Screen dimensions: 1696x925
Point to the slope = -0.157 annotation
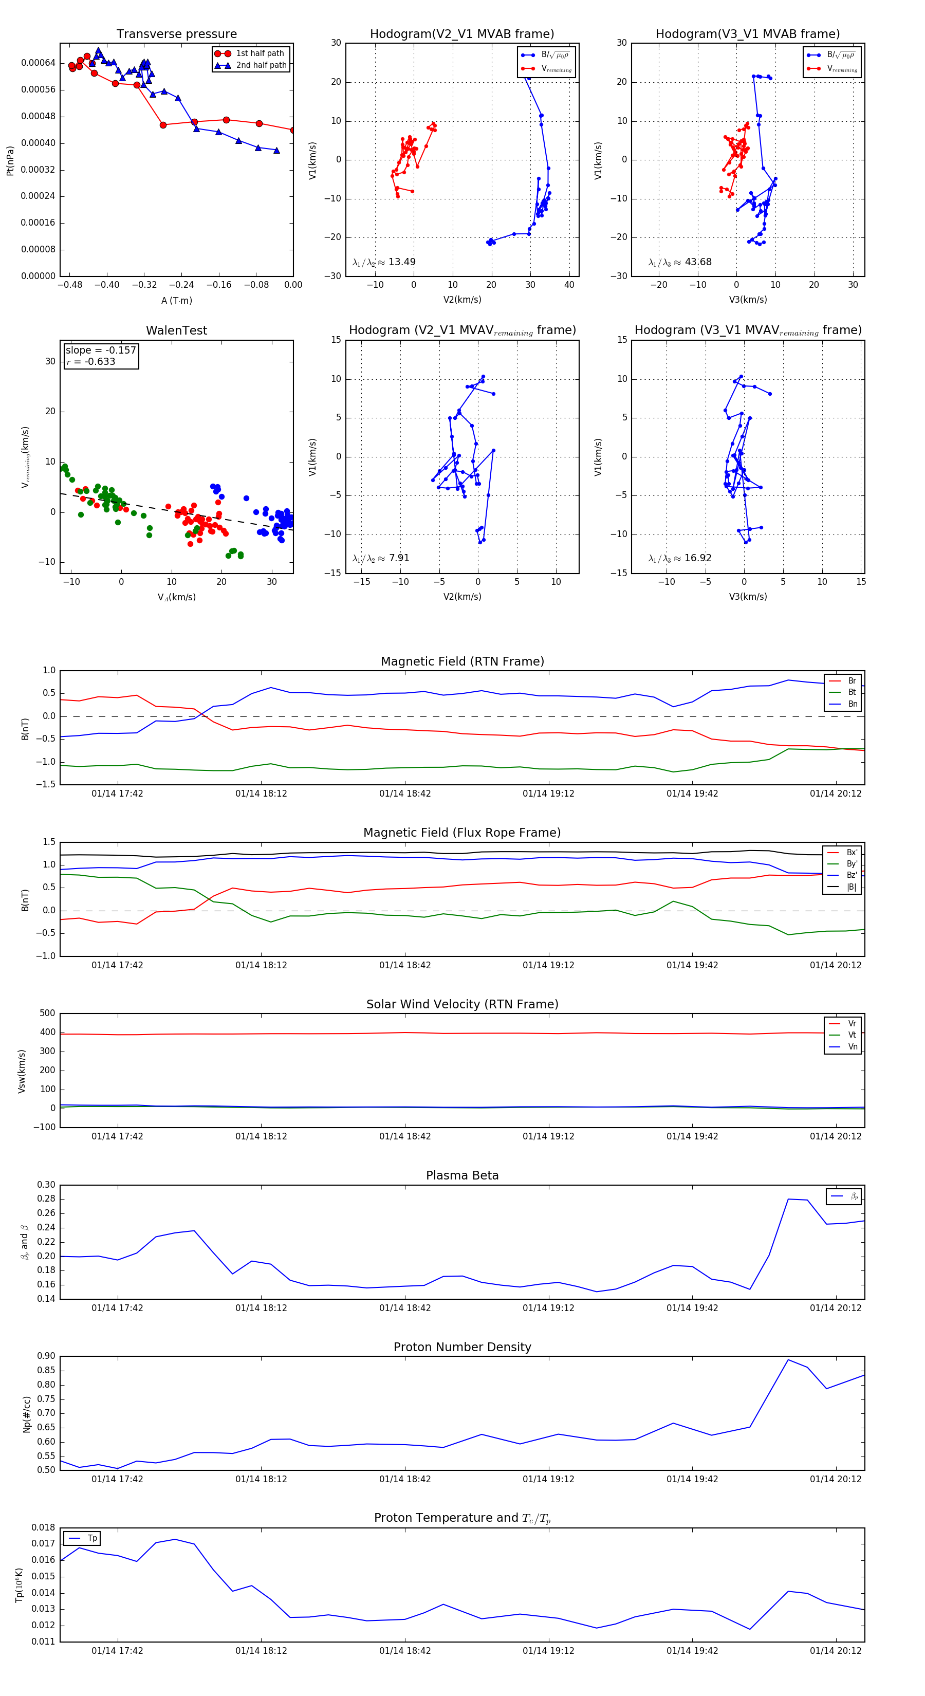click(x=101, y=351)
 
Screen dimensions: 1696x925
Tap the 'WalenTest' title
click(x=176, y=330)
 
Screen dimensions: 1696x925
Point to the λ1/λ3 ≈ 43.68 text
click(x=679, y=262)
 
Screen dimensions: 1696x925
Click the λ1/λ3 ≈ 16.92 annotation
click(x=679, y=558)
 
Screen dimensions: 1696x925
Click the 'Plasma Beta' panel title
click(x=462, y=1176)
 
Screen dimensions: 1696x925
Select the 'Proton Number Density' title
click(x=462, y=1347)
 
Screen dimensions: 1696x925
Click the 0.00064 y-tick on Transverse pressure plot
click(x=38, y=63)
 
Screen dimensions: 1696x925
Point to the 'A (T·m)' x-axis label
click(x=176, y=301)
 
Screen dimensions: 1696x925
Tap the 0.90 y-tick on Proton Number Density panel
click(x=46, y=1356)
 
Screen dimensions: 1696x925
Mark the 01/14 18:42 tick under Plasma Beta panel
click(x=405, y=1308)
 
